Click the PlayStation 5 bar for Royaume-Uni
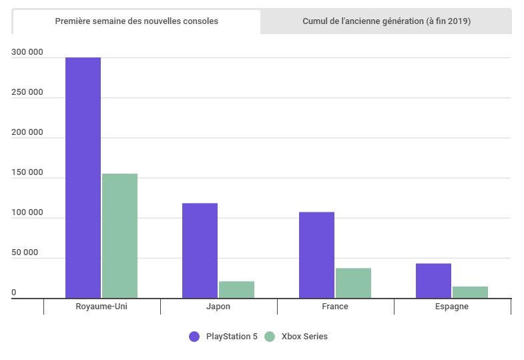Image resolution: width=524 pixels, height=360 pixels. click(83, 178)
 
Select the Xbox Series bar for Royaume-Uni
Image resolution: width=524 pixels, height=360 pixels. click(119, 236)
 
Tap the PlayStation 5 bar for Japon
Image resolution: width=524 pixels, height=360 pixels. click(200, 250)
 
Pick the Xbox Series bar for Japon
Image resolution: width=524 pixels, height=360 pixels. click(236, 290)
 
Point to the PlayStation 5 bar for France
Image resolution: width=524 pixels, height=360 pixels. click(316, 255)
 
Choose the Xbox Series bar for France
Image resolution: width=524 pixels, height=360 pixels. click(353, 283)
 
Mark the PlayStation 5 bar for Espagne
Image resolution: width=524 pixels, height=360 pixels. click(433, 281)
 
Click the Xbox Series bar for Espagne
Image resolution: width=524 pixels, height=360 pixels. click(470, 292)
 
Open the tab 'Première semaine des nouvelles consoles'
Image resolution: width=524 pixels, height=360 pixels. click(136, 21)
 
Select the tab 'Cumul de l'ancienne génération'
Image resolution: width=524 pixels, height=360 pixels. click(386, 21)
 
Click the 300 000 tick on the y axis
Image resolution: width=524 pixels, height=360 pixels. click(27, 52)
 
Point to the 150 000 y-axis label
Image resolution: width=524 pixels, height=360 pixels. click(27, 172)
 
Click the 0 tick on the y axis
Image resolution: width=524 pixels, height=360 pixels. click(13, 293)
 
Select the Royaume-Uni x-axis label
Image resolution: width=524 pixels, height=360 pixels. click(101, 307)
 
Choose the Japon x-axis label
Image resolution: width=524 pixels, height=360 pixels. click(218, 307)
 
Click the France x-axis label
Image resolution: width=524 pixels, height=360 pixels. click(335, 307)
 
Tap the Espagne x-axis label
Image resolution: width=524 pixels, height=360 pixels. click(452, 307)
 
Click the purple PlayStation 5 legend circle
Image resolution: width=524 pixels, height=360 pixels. click(194, 337)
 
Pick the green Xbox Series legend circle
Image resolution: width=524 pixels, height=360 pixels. click(270, 337)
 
